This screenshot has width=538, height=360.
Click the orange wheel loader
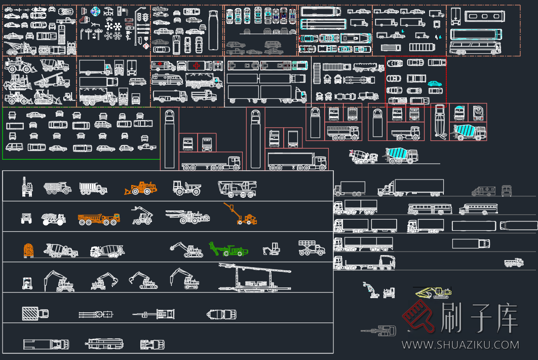point(140,188)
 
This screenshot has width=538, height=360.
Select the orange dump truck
point(98,219)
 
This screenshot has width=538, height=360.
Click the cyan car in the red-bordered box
point(435,83)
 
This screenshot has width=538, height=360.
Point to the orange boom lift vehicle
point(242,215)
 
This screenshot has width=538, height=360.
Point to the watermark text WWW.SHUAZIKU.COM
point(460,345)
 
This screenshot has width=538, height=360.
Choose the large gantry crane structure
point(255,277)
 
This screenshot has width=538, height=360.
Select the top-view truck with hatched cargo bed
point(35,314)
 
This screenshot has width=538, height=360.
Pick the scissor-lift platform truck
point(311,247)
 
